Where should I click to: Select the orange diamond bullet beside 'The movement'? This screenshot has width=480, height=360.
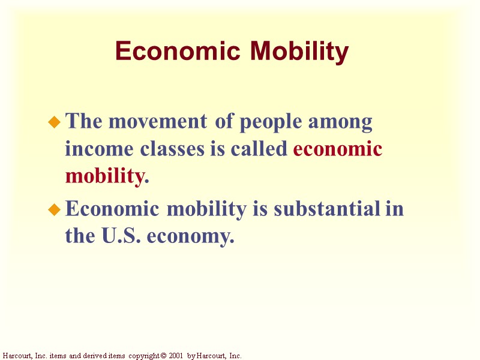[55, 123]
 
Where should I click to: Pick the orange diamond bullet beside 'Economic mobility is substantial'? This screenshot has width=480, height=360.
[55, 210]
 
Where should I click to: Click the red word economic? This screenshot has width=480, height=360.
[338, 149]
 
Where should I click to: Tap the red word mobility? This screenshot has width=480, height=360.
[105, 177]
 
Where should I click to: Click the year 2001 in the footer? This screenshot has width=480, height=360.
[176, 356]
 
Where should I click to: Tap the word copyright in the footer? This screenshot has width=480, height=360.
[142, 356]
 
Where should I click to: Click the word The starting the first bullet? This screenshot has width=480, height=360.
[83, 122]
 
